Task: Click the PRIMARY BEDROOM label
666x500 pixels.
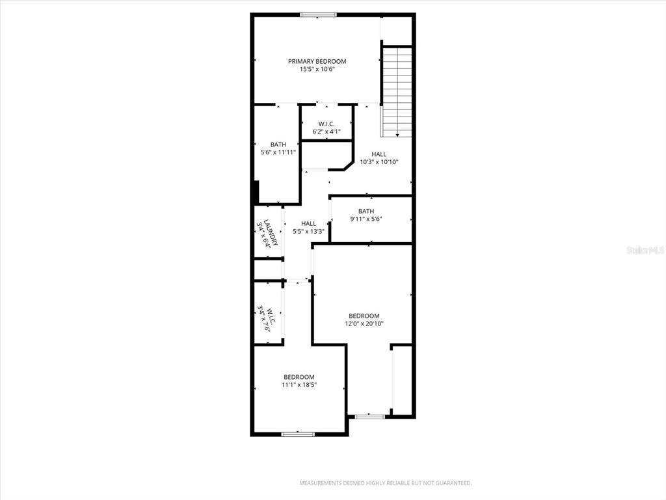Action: [317, 61]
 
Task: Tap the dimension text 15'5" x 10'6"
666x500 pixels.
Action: [317, 70]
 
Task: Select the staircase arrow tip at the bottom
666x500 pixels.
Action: [397, 135]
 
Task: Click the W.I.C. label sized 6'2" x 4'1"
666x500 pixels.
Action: [326, 124]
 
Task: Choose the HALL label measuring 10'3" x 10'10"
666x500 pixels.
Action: [379, 154]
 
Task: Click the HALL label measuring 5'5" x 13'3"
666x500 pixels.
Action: [308, 223]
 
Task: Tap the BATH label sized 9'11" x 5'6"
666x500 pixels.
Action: [366, 211]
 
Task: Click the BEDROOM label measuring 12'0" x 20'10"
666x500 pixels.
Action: [364, 316]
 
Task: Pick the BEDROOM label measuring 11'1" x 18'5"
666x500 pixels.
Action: [299, 377]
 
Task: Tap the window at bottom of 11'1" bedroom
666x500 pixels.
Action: [298, 434]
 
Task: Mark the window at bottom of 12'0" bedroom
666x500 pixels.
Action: [369, 416]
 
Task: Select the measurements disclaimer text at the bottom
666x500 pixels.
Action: [385, 483]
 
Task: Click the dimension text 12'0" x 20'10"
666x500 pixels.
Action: [364, 324]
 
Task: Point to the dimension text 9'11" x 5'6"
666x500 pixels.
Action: [366, 219]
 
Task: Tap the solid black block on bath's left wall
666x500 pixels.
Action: [256, 193]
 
